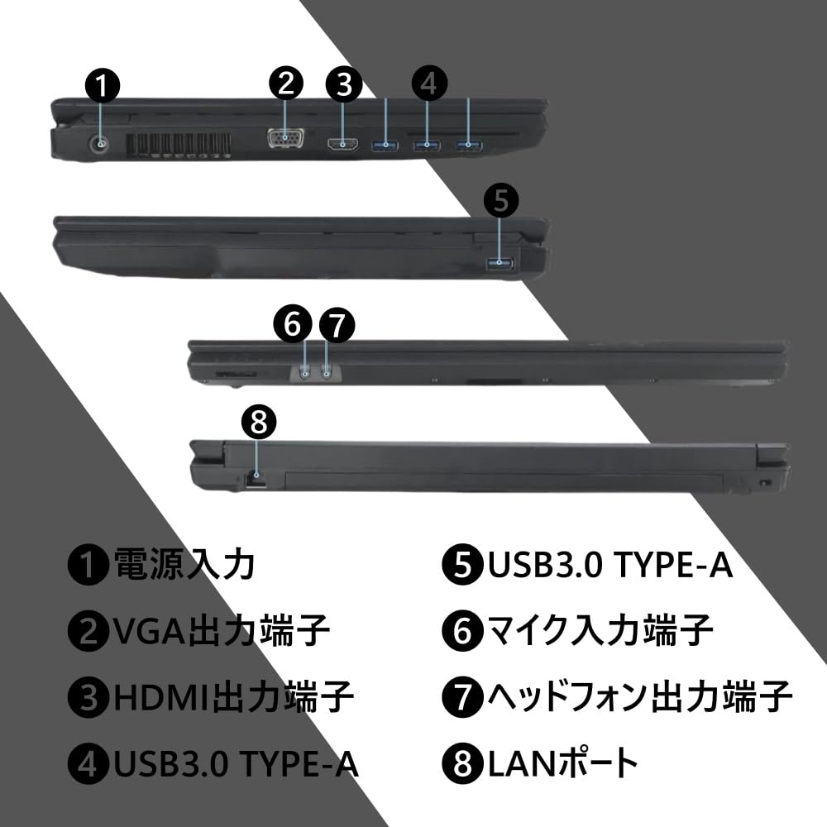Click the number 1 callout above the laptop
coord(102,85)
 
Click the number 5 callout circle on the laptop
coord(500,200)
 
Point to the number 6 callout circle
coord(292,325)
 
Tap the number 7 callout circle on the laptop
coord(336,325)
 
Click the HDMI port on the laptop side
coord(343,146)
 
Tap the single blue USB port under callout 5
coord(500,264)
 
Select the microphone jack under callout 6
coord(306,373)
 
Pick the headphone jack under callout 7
coord(327,373)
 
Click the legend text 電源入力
coord(184,566)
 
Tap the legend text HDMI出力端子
coord(235,697)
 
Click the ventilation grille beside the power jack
coord(178,146)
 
